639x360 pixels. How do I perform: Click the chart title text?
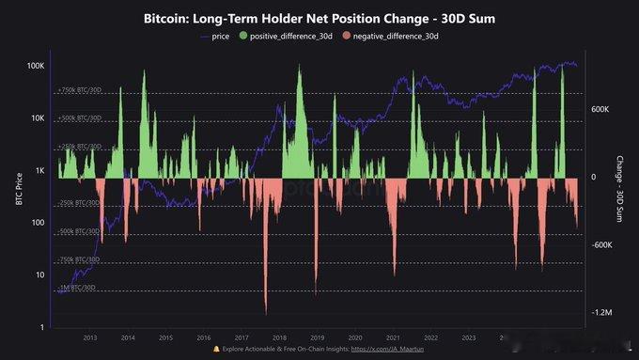319,18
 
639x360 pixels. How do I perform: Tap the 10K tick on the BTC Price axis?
39,118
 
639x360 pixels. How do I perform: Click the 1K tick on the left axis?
40,170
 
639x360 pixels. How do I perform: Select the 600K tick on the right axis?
600,109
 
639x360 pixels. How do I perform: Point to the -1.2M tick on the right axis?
601,312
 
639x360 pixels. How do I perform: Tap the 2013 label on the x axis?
90,337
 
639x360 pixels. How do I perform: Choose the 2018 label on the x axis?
279,337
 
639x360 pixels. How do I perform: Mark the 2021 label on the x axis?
393,337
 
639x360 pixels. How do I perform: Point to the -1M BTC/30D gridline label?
77,287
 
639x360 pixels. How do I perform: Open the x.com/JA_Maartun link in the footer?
394,349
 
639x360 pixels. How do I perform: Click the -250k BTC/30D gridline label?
79,203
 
